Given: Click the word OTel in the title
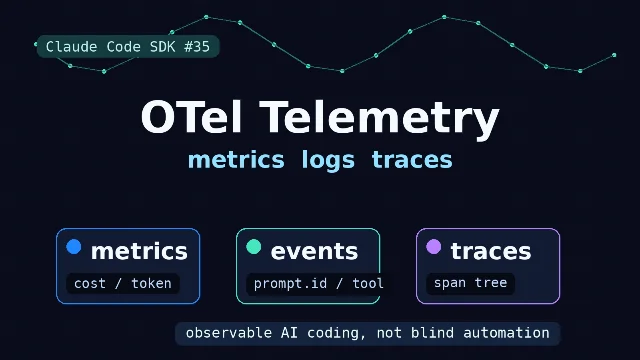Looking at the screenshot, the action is [191, 117].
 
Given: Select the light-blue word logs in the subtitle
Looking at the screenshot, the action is [328, 160].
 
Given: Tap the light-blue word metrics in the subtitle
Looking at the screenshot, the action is [236, 159].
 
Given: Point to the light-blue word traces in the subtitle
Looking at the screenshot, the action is [412, 160].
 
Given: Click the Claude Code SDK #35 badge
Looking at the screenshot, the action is [128, 47].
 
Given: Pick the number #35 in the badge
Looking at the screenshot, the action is [197, 47].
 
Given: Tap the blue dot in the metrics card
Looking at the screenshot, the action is [74, 247].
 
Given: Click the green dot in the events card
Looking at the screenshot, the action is [253, 247].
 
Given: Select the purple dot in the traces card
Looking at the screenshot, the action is [433, 247].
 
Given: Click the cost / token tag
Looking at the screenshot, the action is [123, 283].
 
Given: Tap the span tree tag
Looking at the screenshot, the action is [470, 283].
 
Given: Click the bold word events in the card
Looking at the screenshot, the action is [314, 251].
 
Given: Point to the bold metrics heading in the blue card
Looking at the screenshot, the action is [139, 251].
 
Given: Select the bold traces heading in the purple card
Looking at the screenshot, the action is [491, 251].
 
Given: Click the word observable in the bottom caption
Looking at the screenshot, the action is [229, 333].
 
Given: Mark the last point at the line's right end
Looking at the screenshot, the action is [614, 55].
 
